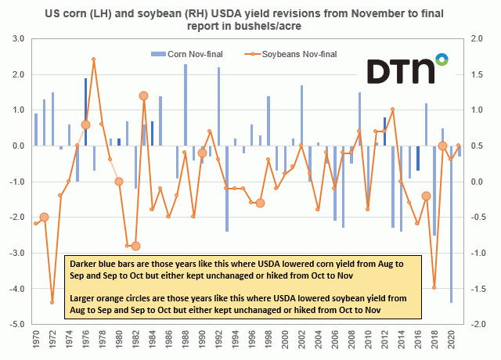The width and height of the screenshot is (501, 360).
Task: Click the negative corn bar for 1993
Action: click(227, 188)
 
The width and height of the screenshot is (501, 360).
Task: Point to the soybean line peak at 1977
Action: click(94, 59)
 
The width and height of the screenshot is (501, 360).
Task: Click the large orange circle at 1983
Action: click(143, 95)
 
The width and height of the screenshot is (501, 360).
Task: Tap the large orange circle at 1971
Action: click(44, 217)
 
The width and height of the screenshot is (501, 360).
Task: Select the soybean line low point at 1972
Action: click(52, 302)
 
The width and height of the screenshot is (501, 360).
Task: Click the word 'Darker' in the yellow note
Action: click(84, 264)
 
